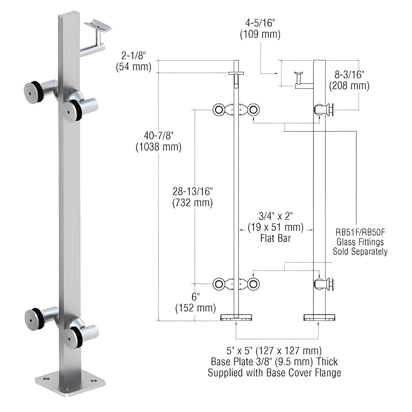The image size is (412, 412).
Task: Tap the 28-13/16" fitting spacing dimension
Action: [x=192, y=192]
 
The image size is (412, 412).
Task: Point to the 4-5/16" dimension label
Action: [x=260, y=23]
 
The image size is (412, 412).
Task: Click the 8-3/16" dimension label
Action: [x=349, y=75]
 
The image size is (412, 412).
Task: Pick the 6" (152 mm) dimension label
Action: [x=195, y=297]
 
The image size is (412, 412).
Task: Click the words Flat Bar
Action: [x=275, y=238]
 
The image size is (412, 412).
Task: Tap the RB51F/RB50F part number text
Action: [x=360, y=232]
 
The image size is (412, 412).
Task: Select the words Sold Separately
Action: [x=360, y=251]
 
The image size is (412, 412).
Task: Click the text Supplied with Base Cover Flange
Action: [x=274, y=373]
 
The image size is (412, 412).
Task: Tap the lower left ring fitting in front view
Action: [x=219, y=284]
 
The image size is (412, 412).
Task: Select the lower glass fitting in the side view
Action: [x=325, y=284]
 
